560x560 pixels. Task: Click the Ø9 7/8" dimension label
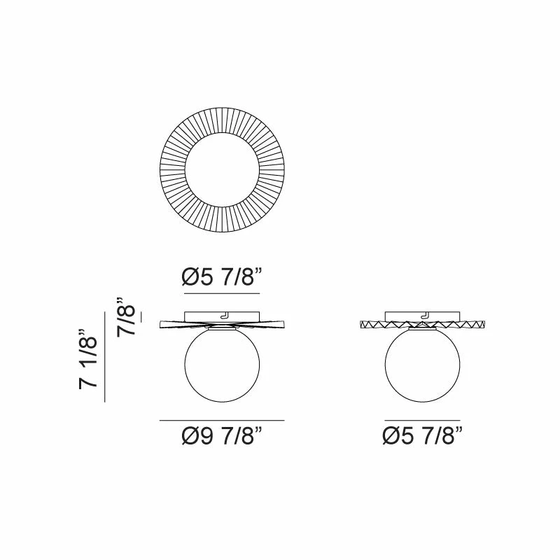coord(222,435)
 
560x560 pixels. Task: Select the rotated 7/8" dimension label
coord(126,316)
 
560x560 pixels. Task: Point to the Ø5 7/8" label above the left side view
coord(222,277)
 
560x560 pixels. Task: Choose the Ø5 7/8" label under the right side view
coord(423,435)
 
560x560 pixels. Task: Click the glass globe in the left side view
coord(222,364)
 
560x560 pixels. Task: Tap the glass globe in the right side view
coord(423,364)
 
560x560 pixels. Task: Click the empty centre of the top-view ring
coord(222,169)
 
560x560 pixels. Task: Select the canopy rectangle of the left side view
coord(222,316)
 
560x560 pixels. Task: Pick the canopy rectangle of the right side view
coord(423,316)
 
